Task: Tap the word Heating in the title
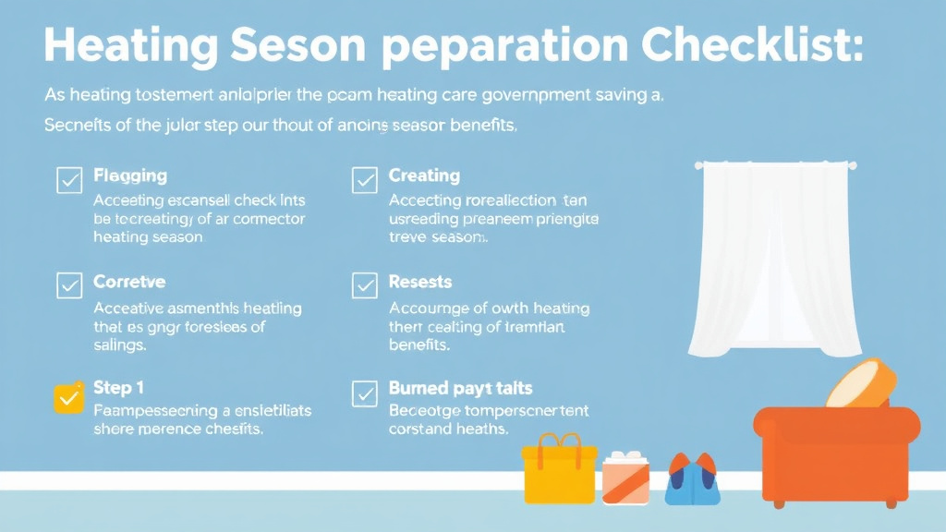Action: pyautogui.click(x=131, y=44)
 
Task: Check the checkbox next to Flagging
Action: pyautogui.click(x=69, y=180)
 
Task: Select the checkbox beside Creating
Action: pyautogui.click(x=365, y=180)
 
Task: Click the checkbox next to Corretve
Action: pyautogui.click(x=69, y=286)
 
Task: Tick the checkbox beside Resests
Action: pyautogui.click(x=365, y=286)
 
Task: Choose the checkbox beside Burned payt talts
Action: pyautogui.click(x=365, y=394)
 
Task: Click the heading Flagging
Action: pyautogui.click(x=130, y=175)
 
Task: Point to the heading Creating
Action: pyautogui.click(x=424, y=175)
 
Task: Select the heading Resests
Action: pyautogui.click(x=420, y=282)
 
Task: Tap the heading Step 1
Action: pyautogui.click(x=118, y=388)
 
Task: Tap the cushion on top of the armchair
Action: pyautogui.click(x=860, y=383)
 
